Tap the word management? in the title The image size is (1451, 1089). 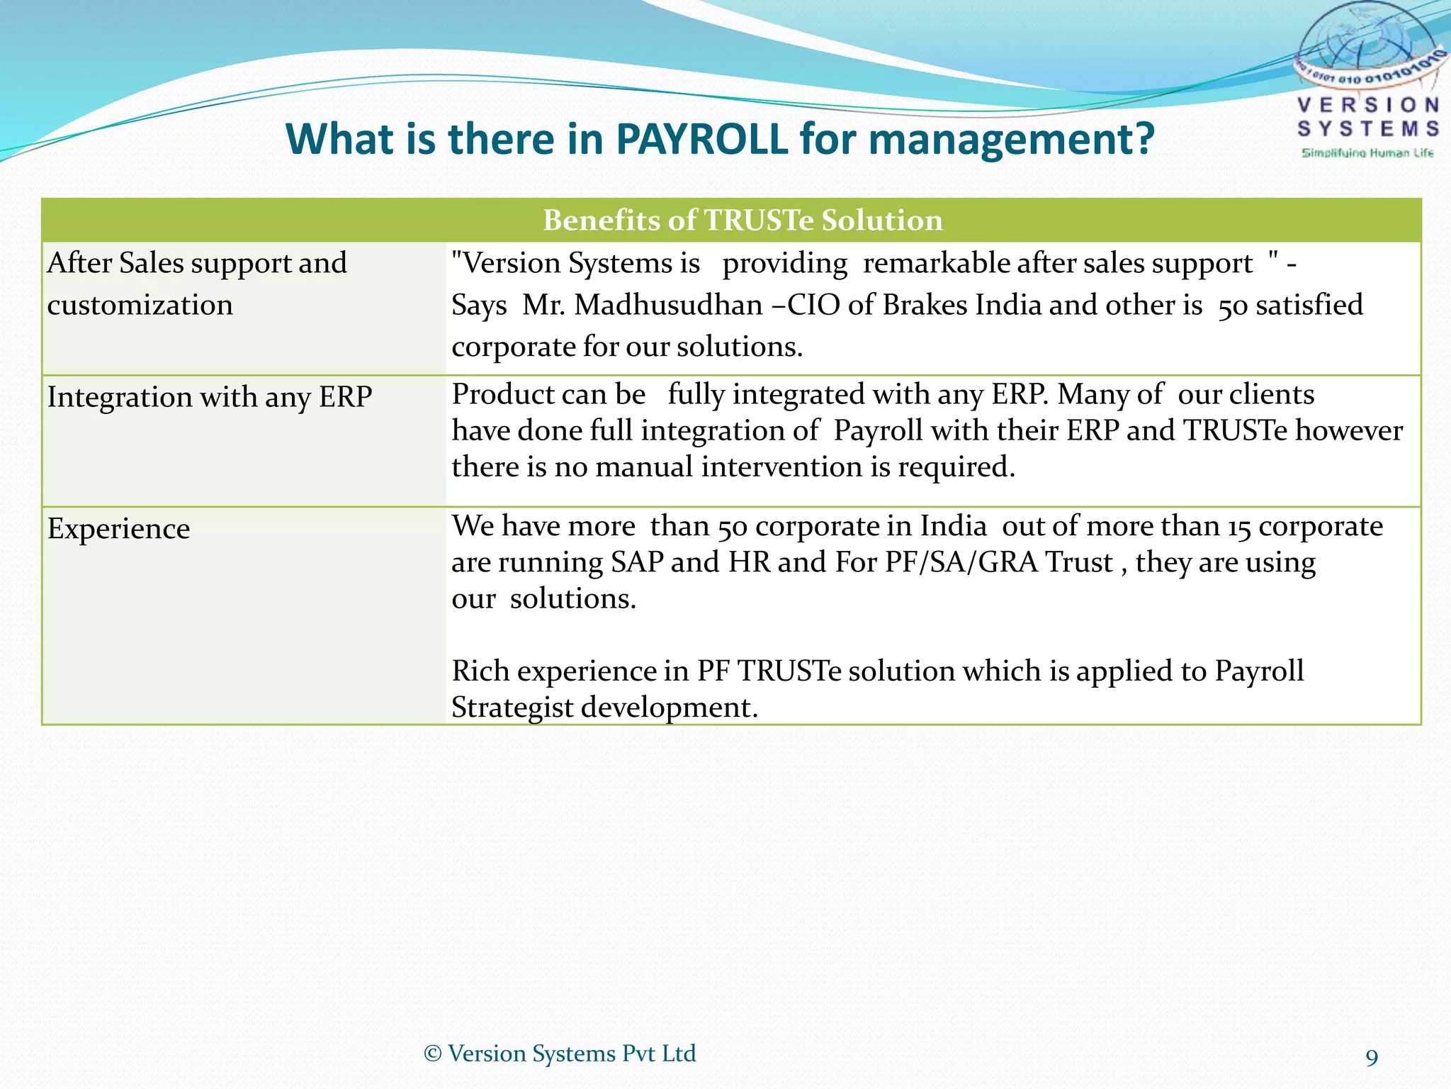click(x=1012, y=140)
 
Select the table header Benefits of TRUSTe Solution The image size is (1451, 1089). click(x=743, y=220)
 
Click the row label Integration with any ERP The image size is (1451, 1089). click(x=210, y=397)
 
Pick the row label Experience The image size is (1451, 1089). click(x=119, y=529)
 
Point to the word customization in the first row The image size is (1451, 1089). click(x=140, y=305)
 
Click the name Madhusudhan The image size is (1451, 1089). click(x=667, y=305)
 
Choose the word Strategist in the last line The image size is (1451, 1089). click(x=512, y=708)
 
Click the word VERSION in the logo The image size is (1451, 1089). click(x=1368, y=106)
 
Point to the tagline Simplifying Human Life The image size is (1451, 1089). click(x=1367, y=153)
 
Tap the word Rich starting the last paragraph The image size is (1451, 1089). click(x=480, y=671)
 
